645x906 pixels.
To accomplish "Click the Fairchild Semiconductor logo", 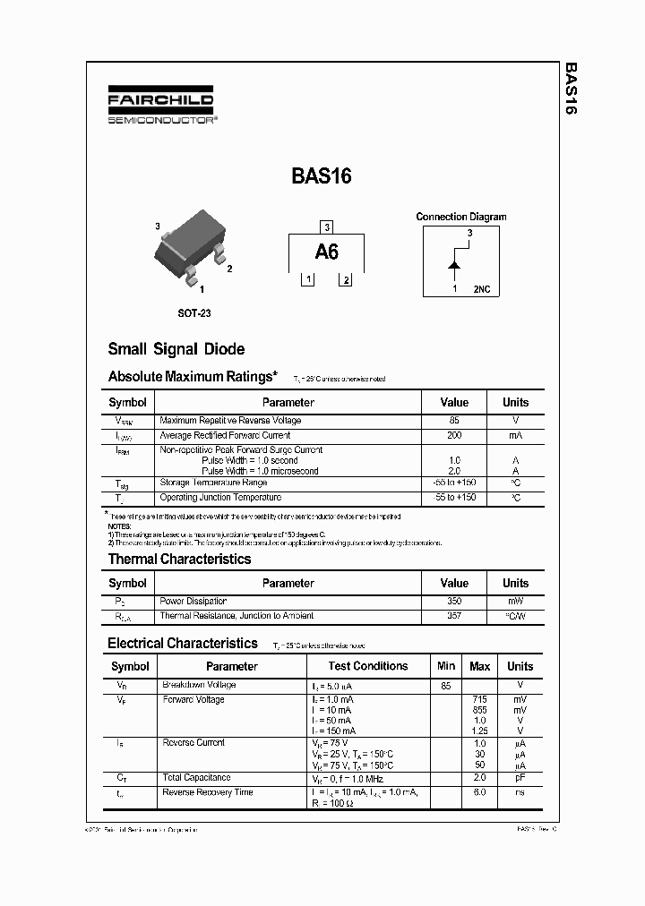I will (x=160, y=106).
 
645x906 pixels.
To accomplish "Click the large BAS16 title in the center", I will (x=322, y=175).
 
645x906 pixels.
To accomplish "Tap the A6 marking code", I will (x=327, y=252).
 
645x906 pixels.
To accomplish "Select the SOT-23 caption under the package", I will (x=193, y=313).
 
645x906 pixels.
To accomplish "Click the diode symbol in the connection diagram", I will (x=454, y=265).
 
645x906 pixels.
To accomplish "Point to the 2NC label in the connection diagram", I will (x=482, y=289).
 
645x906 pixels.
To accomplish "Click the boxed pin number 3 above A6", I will (x=327, y=226).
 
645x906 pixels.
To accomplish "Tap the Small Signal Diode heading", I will (x=176, y=349).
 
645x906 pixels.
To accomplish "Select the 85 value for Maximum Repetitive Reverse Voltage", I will (x=454, y=421).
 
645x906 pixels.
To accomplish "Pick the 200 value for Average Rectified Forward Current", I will (x=454, y=435).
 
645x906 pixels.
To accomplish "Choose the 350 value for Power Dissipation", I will (x=454, y=602).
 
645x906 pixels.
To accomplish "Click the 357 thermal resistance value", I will (x=454, y=616).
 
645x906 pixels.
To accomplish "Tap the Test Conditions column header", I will (x=367, y=666).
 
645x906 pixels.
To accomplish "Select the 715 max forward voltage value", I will (x=480, y=699).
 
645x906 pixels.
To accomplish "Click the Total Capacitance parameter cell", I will (x=196, y=777).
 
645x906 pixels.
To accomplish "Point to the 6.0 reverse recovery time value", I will (x=480, y=792).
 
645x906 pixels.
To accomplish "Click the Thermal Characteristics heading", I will (x=179, y=559).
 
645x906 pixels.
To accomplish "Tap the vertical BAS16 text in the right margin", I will (x=570, y=90).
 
